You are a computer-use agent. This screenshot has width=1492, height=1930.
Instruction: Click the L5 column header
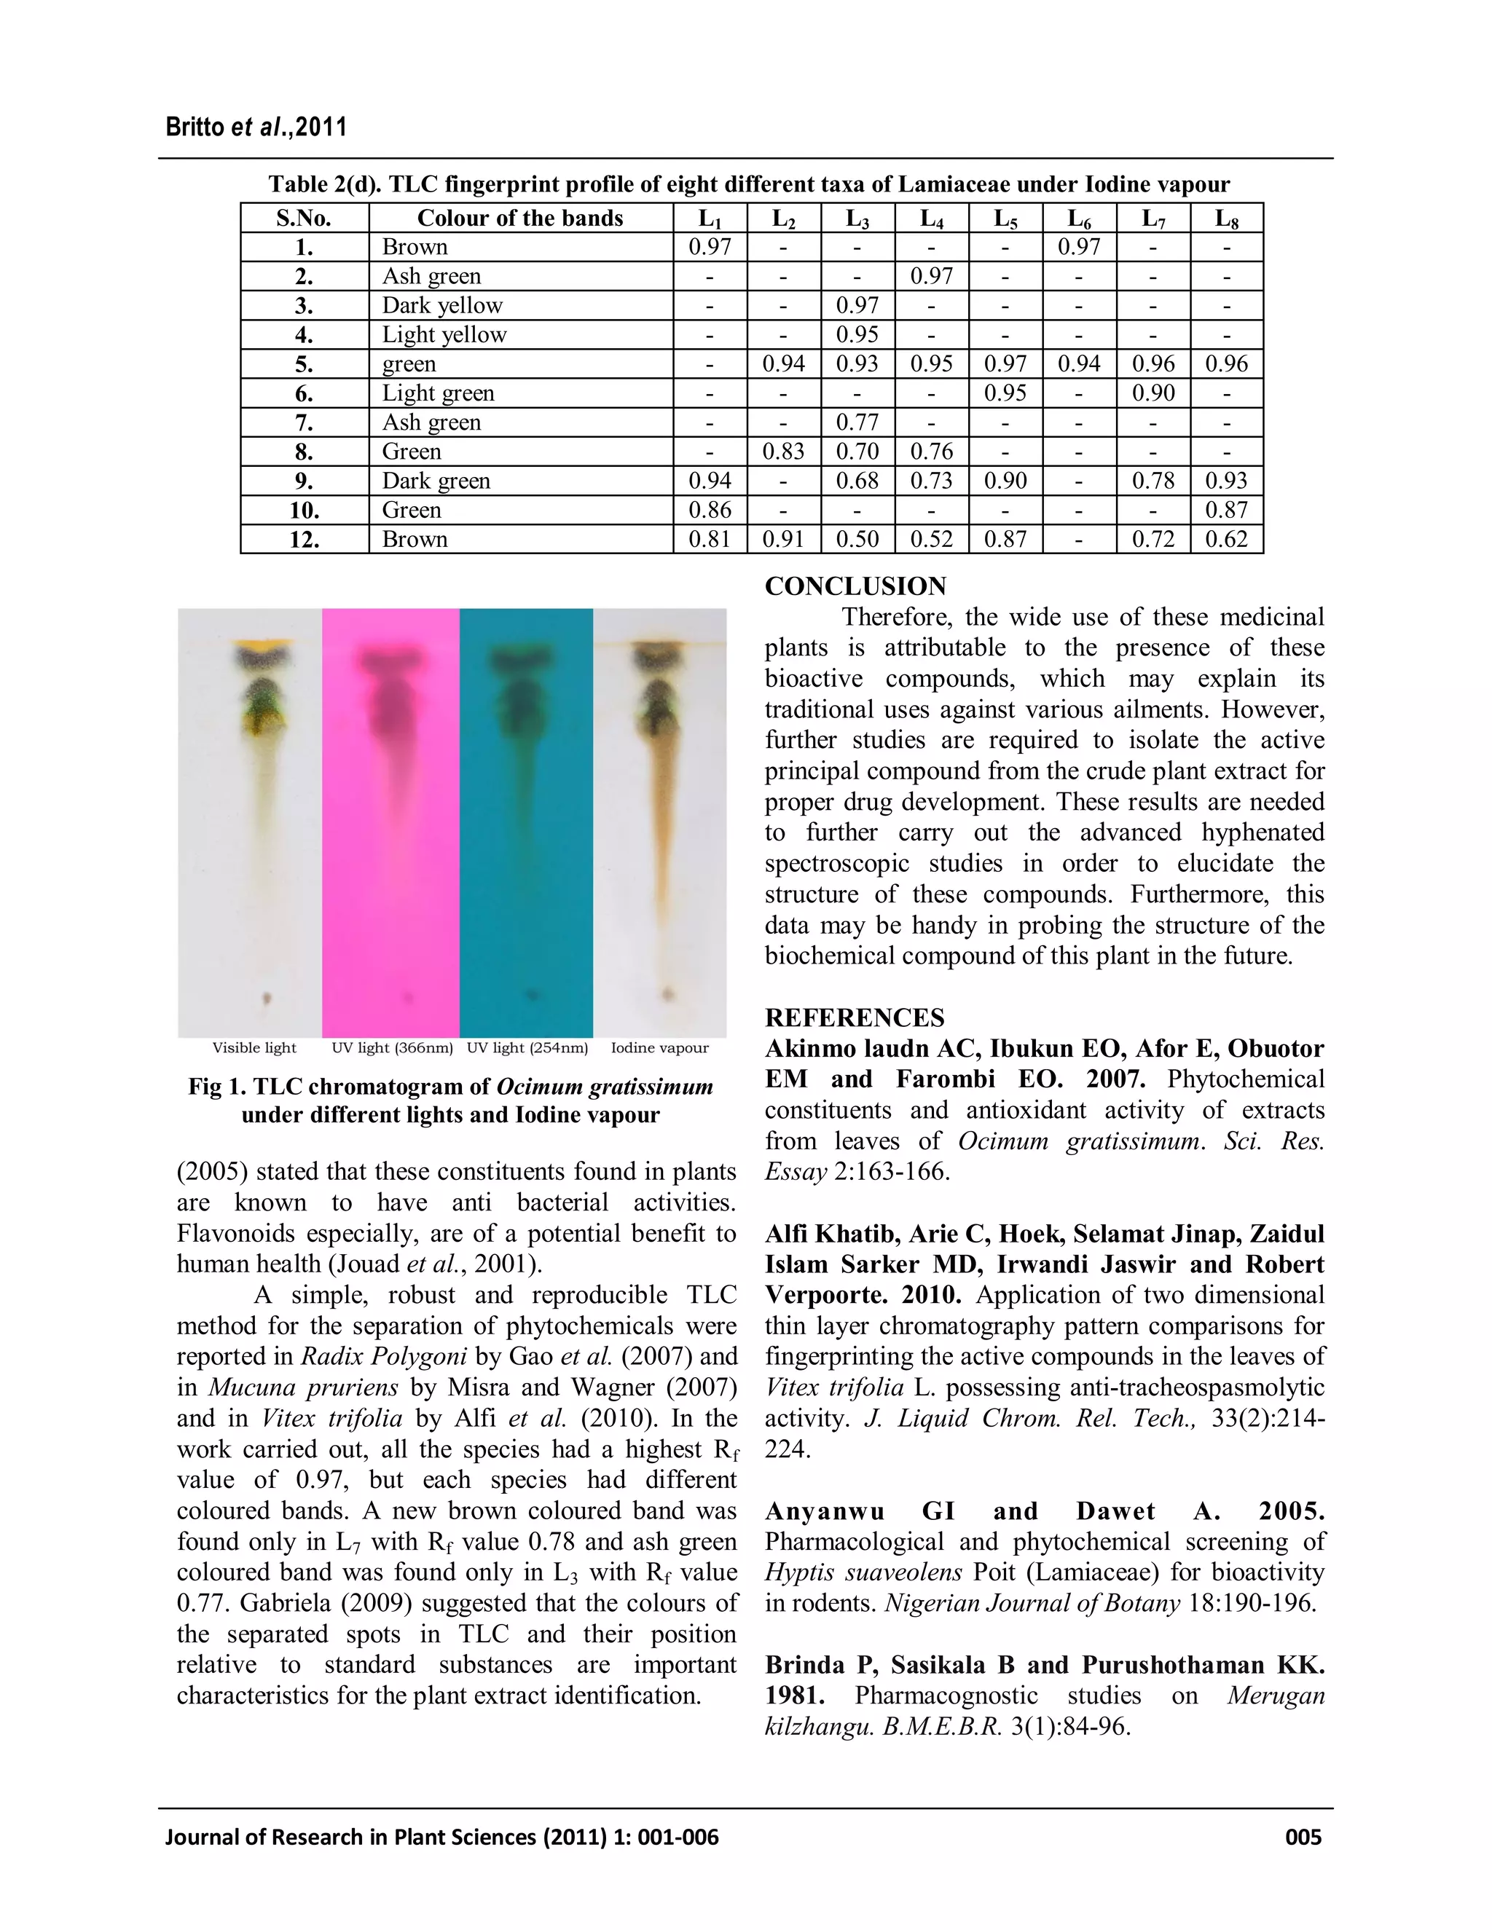pyautogui.click(x=1005, y=218)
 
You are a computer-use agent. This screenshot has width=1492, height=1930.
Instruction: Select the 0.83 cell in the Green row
pyautogui.click(x=783, y=452)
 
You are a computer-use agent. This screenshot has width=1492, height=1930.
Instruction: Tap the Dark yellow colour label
pyautogui.click(x=442, y=306)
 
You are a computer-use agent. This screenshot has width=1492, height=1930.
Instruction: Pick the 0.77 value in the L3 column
pyautogui.click(x=857, y=422)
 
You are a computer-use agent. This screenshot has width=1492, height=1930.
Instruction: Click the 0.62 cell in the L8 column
pyautogui.click(x=1226, y=539)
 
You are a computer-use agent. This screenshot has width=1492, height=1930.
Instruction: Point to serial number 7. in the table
pyautogui.click(x=304, y=422)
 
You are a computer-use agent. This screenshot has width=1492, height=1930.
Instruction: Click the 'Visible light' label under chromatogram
pyautogui.click(x=254, y=1048)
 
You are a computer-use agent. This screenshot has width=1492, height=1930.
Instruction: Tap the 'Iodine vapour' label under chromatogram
pyautogui.click(x=659, y=1048)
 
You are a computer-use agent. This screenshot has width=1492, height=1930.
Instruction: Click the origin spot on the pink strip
pyautogui.click(x=407, y=998)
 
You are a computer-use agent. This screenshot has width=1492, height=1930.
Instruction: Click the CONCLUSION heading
pyautogui.click(x=855, y=587)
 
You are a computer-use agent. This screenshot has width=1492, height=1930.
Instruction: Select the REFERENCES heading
pyautogui.click(x=854, y=1018)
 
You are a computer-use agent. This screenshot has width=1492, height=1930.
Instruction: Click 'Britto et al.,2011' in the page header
pyautogui.click(x=256, y=127)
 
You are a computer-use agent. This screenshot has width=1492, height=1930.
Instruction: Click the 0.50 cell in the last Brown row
pyautogui.click(x=857, y=539)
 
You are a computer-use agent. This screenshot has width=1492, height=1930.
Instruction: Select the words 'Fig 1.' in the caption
pyautogui.click(x=216, y=1087)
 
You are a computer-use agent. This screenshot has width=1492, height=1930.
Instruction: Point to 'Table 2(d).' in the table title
pyautogui.click(x=324, y=185)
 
